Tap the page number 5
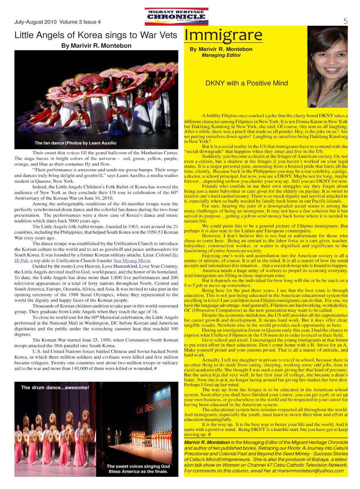click(x=345, y=21)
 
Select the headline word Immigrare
click(x=223, y=36)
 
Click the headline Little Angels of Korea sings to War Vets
click(x=96, y=35)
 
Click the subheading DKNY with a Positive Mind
click(x=246, y=83)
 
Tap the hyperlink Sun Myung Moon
click(x=132, y=260)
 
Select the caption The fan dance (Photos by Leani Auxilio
click(x=75, y=143)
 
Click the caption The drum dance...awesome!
click(x=55, y=388)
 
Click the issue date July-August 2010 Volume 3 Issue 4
click(x=57, y=22)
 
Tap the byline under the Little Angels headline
click(x=96, y=46)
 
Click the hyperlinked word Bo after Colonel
click(x=176, y=255)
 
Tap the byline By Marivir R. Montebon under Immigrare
click(x=221, y=49)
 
